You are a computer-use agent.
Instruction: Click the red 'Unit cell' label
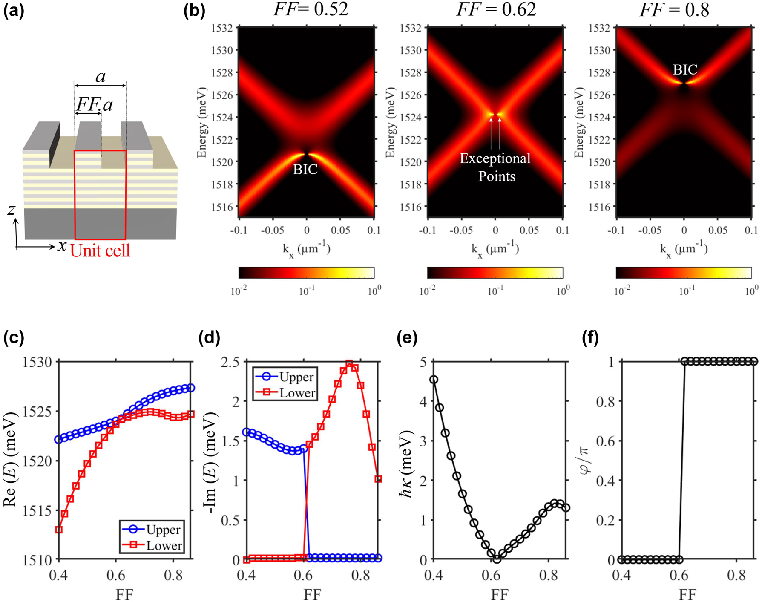click(x=100, y=251)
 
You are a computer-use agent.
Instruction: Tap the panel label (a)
click(x=14, y=11)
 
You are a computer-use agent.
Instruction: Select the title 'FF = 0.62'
click(x=496, y=9)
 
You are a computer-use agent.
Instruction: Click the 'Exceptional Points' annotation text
click(x=495, y=167)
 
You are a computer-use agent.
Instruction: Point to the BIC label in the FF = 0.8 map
click(x=685, y=69)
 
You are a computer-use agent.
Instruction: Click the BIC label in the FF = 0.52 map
click(x=305, y=169)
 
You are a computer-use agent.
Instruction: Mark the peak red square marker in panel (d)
click(x=349, y=363)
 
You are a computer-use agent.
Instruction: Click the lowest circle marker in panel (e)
click(x=496, y=559)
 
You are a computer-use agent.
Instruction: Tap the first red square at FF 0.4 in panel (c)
click(x=59, y=530)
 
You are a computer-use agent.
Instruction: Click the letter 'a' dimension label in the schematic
click(x=101, y=77)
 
